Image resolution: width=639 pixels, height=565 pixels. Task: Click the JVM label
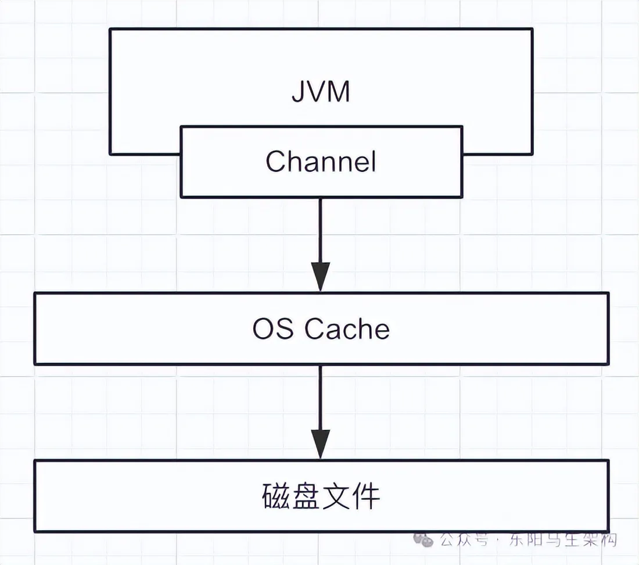(x=321, y=91)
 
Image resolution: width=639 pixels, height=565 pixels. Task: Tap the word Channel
(x=321, y=161)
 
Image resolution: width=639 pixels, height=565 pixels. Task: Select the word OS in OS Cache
(x=272, y=328)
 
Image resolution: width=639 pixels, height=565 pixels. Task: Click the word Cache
(x=347, y=328)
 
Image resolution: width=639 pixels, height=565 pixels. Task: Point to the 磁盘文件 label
(x=321, y=496)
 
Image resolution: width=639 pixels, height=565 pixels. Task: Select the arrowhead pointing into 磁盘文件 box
(x=320, y=444)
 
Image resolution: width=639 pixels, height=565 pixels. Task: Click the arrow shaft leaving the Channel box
(x=320, y=230)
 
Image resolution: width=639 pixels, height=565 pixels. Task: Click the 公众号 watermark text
(x=464, y=541)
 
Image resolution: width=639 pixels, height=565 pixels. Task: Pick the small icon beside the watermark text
(x=423, y=540)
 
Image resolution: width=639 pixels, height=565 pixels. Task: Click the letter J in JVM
(x=299, y=92)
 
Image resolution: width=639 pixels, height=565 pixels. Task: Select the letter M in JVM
(x=338, y=91)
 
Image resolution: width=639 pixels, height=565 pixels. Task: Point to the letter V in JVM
(x=316, y=91)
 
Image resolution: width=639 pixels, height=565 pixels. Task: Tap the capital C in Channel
(x=276, y=161)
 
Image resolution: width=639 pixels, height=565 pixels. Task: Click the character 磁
(x=277, y=496)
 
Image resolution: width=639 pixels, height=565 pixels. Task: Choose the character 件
(x=365, y=496)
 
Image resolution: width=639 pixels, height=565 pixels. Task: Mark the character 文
(x=336, y=496)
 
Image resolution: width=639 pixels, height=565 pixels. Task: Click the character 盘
(x=306, y=496)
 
